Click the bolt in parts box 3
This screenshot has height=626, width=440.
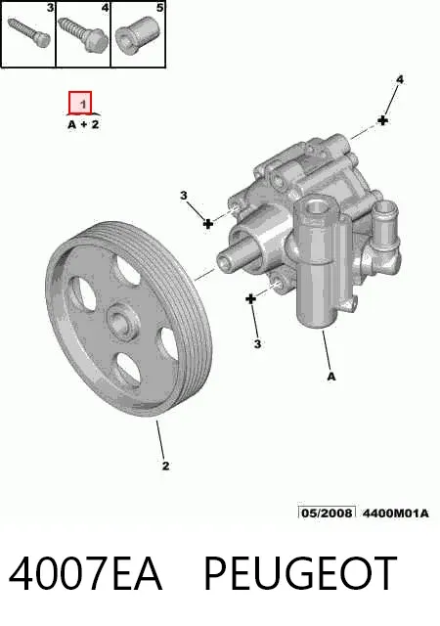point(28,31)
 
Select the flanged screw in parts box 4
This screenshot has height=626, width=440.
point(84,34)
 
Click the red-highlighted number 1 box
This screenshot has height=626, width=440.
point(80,103)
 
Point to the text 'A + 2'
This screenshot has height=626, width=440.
point(83,124)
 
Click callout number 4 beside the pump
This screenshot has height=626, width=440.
point(399,80)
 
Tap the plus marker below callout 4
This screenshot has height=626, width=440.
point(383,119)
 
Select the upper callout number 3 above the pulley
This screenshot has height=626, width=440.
point(183,196)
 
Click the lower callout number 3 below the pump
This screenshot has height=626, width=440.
point(257,343)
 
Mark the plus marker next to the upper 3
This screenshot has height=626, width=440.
point(207,224)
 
